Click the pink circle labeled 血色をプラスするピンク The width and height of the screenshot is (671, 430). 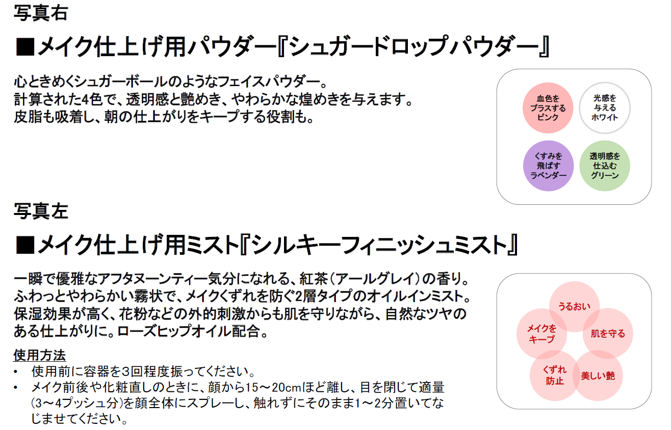(x=548, y=107)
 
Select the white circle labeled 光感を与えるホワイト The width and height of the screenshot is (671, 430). (x=605, y=107)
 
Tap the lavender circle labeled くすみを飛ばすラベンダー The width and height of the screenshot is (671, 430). (x=548, y=166)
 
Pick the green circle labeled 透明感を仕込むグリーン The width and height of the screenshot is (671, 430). (x=605, y=166)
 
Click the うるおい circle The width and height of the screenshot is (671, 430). (x=574, y=306)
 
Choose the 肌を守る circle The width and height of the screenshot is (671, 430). (x=608, y=334)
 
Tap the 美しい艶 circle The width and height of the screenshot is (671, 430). (x=598, y=376)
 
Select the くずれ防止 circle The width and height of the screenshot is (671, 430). (x=555, y=376)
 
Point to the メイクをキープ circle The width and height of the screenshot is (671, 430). (x=541, y=334)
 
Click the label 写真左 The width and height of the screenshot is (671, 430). (x=40, y=210)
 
